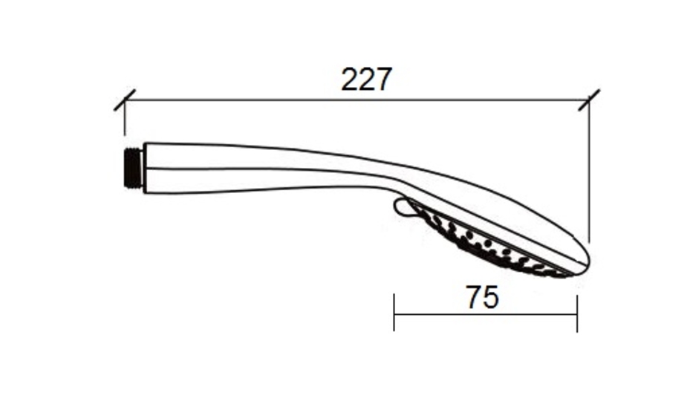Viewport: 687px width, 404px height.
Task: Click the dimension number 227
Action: pyautogui.click(x=366, y=79)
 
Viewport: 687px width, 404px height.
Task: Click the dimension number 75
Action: pyautogui.click(x=482, y=298)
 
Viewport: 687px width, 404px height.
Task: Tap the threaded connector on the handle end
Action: pyautogui.click(x=134, y=169)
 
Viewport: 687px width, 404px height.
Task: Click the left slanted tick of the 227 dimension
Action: pyautogui.click(x=125, y=100)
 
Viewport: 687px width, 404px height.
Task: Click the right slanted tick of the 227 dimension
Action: pyautogui.click(x=589, y=100)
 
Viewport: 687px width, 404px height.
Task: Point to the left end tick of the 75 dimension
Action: pyautogui.click(x=394, y=313)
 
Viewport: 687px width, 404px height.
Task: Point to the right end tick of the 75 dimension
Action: pyautogui.click(x=577, y=313)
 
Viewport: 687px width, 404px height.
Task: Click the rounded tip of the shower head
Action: pyautogui.click(x=586, y=261)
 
